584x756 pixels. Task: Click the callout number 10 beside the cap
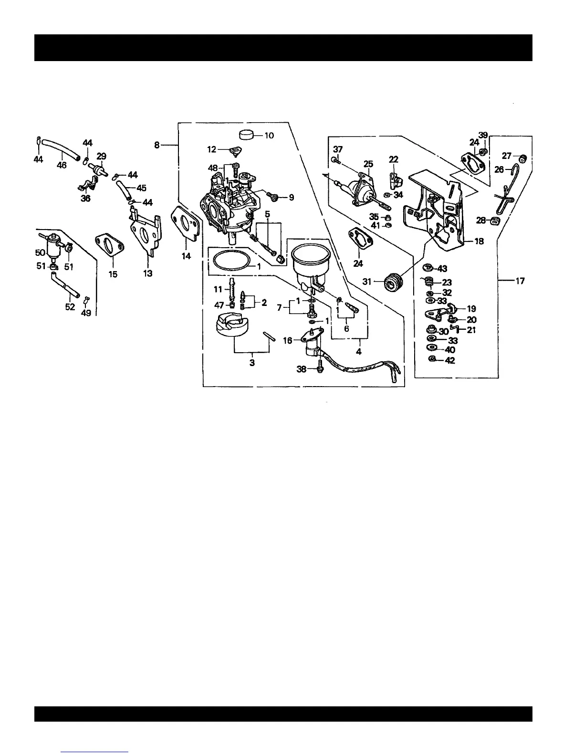(x=269, y=136)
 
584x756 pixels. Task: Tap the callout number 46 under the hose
(x=62, y=165)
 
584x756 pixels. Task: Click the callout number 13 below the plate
(x=148, y=273)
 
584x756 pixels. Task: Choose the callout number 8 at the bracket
(x=157, y=145)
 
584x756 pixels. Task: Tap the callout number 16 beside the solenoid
(x=287, y=340)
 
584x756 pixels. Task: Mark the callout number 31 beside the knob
(x=366, y=282)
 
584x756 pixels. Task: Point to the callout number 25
(x=368, y=164)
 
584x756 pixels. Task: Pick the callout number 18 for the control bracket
(x=479, y=241)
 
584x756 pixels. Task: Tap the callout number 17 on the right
(x=520, y=281)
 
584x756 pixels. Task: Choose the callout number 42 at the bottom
(x=450, y=360)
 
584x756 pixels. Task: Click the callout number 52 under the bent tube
(x=70, y=307)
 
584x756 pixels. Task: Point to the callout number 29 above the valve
(x=102, y=156)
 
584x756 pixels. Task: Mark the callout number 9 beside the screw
(x=291, y=198)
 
